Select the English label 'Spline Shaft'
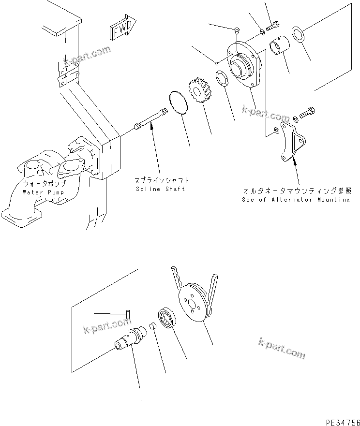click(160, 189)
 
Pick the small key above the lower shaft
click(127, 314)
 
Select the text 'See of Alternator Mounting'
click(296, 199)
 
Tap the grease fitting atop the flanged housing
click(237, 32)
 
